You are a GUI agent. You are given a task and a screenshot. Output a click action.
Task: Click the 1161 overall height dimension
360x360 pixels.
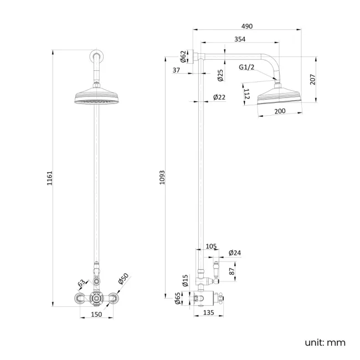click(x=49, y=178)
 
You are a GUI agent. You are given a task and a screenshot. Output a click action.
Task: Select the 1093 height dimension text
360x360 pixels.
click(x=162, y=178)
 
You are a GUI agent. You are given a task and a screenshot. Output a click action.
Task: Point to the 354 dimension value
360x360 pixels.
click(x=239, y=39)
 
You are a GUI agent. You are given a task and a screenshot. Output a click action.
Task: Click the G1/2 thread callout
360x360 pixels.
click(x=246, y=67)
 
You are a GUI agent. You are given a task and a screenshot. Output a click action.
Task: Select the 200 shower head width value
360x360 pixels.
click(x=280, y=111)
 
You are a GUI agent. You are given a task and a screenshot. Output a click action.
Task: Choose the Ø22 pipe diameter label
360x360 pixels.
click(x=219, y=97)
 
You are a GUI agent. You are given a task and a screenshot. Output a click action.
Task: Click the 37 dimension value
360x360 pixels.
click(x=177, y=70)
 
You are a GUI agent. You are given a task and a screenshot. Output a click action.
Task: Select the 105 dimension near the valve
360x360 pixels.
click(x=210, y=246)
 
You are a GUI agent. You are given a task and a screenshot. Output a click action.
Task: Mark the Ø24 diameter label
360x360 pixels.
click(x=235, y=253)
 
